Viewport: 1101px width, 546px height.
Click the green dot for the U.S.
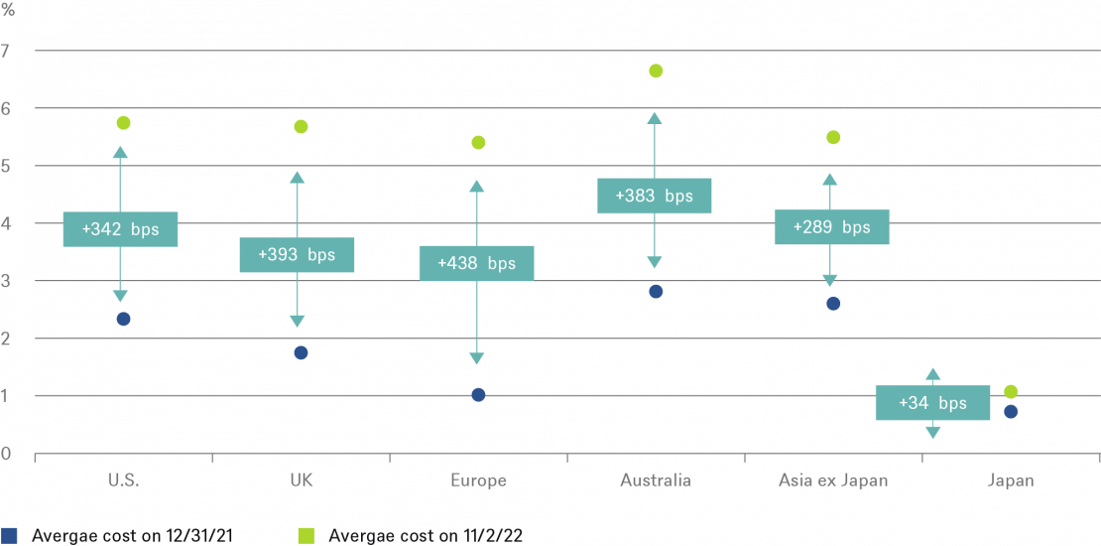123,123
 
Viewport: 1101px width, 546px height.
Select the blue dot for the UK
301,352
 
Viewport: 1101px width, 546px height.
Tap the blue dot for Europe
478,395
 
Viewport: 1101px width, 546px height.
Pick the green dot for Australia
656,70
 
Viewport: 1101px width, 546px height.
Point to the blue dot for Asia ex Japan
833,303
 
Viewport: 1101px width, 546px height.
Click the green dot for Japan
1011,392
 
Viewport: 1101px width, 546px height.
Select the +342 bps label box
120,229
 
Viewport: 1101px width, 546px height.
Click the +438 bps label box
476,263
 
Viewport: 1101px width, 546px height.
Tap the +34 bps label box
932,403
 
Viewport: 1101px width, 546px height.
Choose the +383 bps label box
654,196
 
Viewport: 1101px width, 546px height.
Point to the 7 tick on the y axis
7,50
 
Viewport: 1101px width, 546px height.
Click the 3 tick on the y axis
7,281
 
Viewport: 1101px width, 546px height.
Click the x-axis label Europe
478,480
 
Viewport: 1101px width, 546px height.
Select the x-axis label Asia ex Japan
833,480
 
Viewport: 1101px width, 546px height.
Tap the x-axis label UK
301,480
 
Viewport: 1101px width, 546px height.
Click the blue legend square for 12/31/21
9,536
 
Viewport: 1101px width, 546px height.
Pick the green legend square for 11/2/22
306,536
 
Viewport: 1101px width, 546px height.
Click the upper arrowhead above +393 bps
298,178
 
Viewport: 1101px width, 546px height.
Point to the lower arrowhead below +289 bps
830,281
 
